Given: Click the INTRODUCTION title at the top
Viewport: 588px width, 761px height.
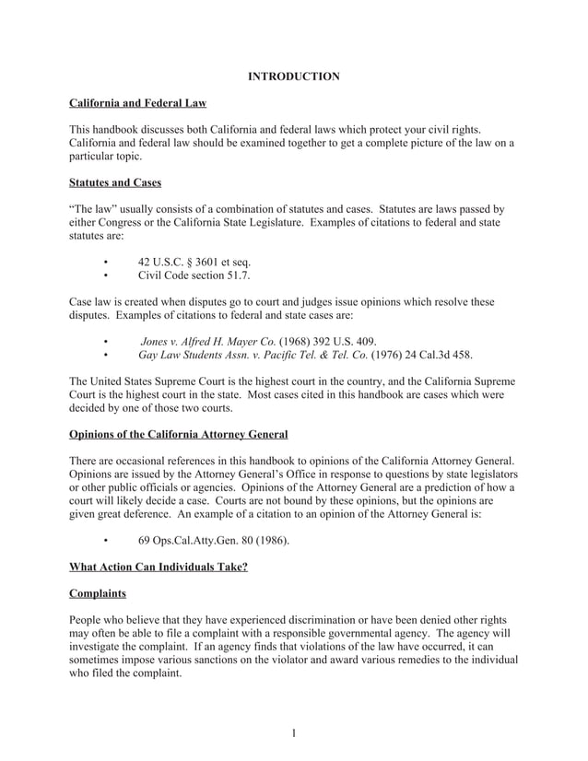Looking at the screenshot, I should click(293, 76).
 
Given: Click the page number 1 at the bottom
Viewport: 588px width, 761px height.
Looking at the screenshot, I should click(293, 733).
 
